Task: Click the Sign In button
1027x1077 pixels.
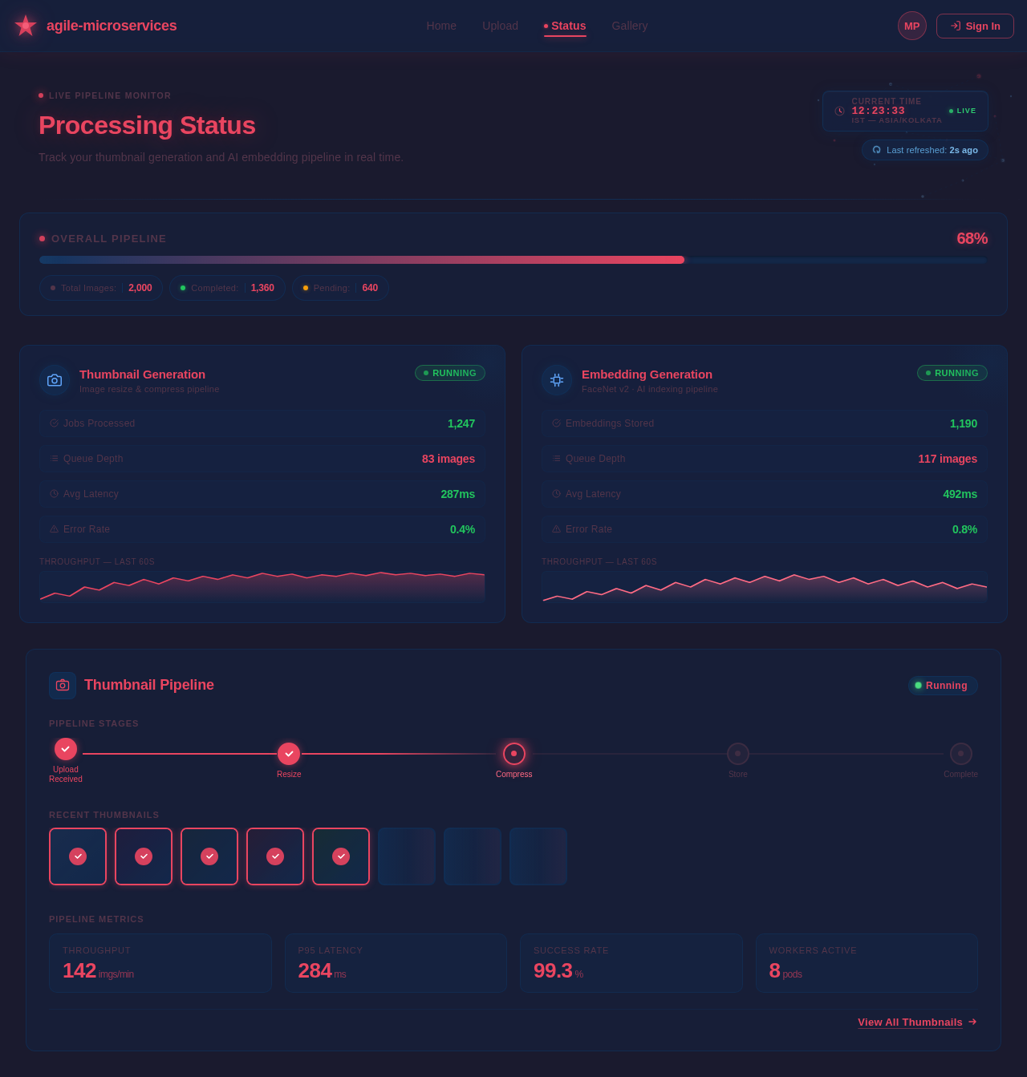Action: click(975, 26)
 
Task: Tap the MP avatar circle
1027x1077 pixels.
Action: click(911, 26)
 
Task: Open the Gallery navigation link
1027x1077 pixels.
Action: click(629, 26)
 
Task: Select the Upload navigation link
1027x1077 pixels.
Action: click(500, 26)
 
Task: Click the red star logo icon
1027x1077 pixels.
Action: click(26, 26)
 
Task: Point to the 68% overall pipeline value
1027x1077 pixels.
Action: click(972, 238)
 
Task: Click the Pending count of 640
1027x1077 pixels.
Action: click(370, 288)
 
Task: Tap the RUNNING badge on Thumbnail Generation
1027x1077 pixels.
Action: click(450, 373)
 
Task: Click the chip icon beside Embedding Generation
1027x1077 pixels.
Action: click(557, 380)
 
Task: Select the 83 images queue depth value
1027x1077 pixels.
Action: click(448, 459)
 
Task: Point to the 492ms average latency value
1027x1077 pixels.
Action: click(960, 494)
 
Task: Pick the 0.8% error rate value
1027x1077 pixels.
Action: click(964, 529)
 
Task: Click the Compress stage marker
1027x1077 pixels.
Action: click(514, 754)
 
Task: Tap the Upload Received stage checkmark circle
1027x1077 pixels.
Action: click(66, 749)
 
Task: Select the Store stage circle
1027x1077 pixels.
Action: click(738, 754)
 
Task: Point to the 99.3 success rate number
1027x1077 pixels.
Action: click(553, 970)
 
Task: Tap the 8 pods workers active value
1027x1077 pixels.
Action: click(785, 971)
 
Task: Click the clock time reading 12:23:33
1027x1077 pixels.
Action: click(878, 111)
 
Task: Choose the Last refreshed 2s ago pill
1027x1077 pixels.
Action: click(924, 150)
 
